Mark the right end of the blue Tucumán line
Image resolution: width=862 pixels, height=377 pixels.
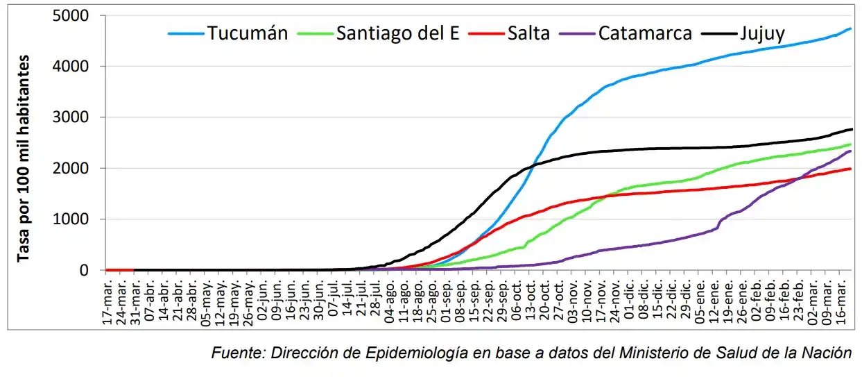point(851,28)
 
